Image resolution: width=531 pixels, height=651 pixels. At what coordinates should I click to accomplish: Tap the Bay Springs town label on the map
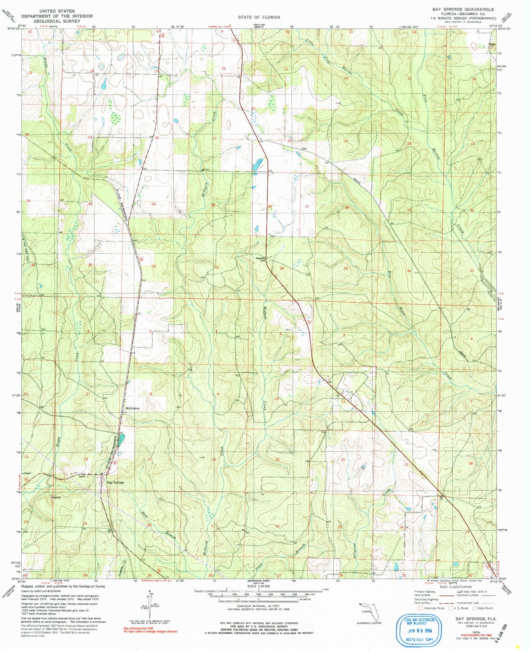pyautogui.click(x=115, y=482)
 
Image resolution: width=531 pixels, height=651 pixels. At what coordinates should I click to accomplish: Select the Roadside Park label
pyautogui.click(x=261, y=259)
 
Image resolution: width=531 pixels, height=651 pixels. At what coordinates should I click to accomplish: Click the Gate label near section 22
pyautogui.click(x=304, y=149)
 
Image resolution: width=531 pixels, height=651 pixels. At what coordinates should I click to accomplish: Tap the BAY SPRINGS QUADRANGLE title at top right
pyautogui.click(x=463, y=9)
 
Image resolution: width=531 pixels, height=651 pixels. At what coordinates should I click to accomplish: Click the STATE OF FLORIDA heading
pyautogui.click(x=259, y=17)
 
